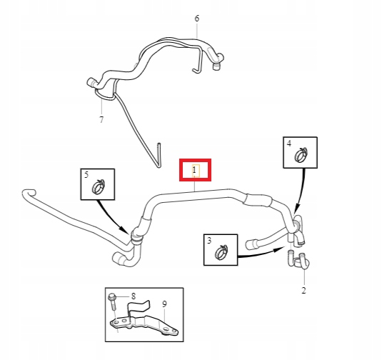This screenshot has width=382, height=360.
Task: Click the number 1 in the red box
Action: click(194, 170)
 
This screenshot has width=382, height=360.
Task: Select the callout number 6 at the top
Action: click(197, 18)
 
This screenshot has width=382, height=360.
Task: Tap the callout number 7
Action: click(101, 119)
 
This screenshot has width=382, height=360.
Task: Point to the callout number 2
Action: click(303, 291)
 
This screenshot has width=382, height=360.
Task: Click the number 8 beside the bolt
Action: click(133, 296)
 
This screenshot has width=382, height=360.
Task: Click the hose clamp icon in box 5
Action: click(97, 188)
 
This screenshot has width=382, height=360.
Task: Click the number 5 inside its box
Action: click(86, 175)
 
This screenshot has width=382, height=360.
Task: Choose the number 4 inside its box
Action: click(289, 143)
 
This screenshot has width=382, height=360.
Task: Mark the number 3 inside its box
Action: click(209, 241)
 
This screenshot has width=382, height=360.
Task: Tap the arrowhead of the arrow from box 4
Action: click(292, 224)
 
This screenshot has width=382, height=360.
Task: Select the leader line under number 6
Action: click(197, 29)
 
